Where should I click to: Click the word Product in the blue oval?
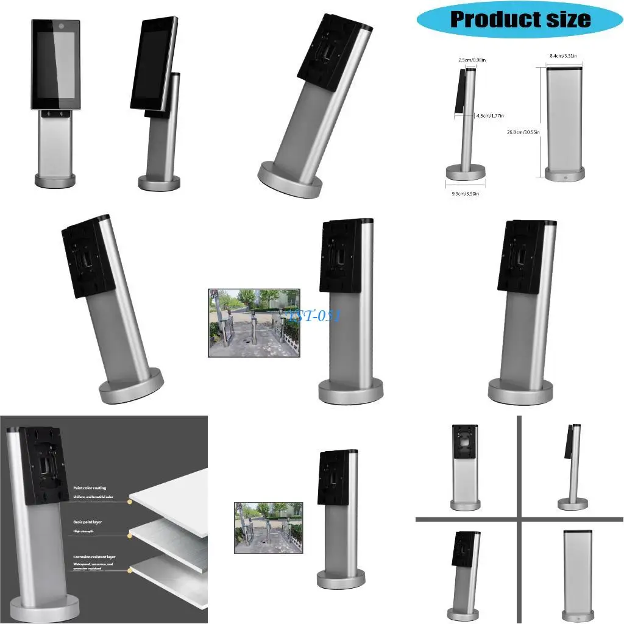[487, 19]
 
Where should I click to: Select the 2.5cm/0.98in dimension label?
[472, 60]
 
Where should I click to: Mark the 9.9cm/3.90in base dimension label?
[466, 194]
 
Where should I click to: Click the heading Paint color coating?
[90, 488]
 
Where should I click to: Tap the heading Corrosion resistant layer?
[94, 557]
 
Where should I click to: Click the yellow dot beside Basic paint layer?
[130, 536]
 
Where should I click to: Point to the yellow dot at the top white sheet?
[130, 501]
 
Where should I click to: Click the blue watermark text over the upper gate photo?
[316, 315]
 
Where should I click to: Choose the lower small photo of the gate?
[268, 528]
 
